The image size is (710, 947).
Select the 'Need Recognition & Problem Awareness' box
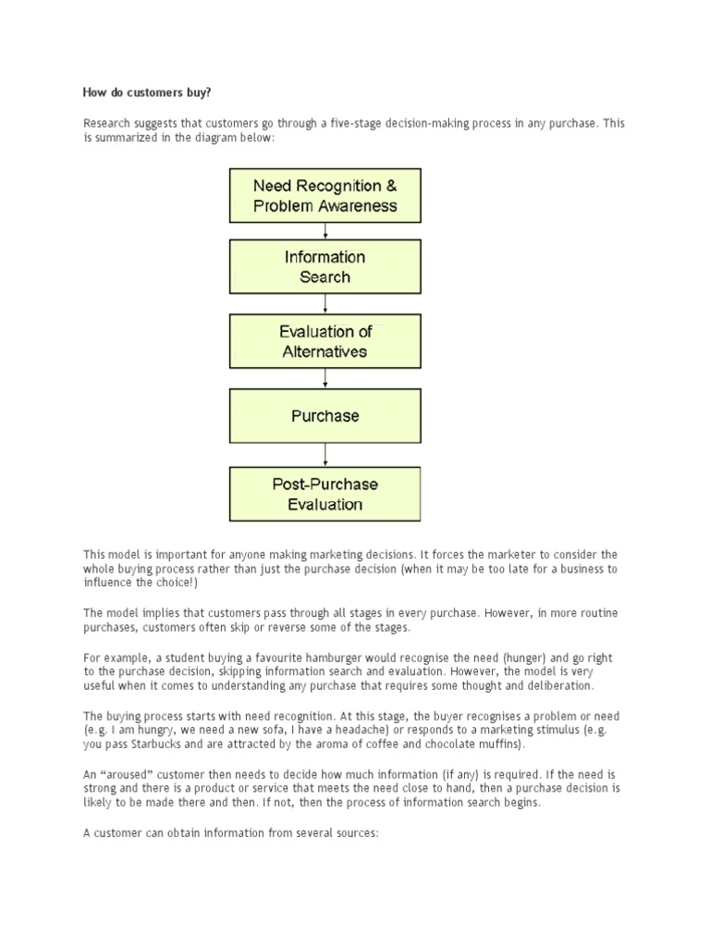click(x=324, y=195)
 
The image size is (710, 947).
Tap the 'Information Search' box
click(x=324, y=266)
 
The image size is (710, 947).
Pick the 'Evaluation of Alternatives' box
click(x=324, y=341)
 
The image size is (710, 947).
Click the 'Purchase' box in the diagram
click(x=324, y=416)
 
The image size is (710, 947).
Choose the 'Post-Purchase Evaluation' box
click(x=324, y=494)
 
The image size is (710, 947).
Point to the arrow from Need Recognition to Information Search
click(x=324, y=231)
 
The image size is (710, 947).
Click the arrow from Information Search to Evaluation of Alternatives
click(x=324, y=304)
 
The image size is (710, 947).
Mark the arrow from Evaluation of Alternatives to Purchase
click(x=324, y=378)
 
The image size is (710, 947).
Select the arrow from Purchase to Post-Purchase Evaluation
click(x=324, y=454)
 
